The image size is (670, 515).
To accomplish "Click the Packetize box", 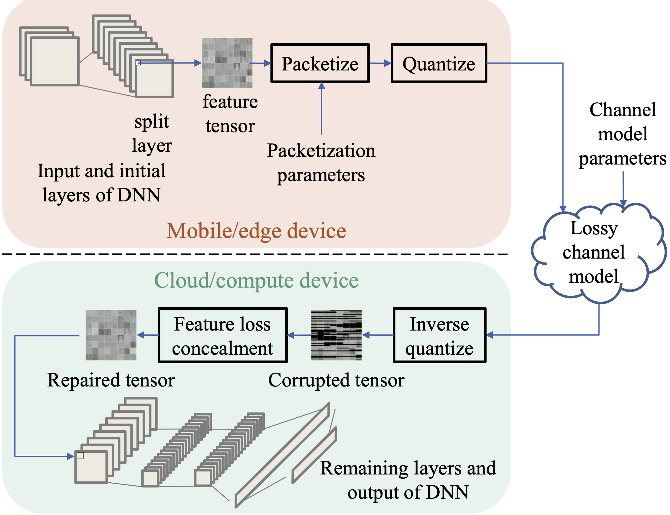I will pyautogui.click(x=320, y=63).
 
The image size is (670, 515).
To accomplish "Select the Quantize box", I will pyautogui.click(x=439, y=63).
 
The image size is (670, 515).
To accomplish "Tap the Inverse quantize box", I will pyautogui.click(x=439, y=335).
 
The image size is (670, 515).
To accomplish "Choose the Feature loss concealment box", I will pyautogui.click(x=222, y=335).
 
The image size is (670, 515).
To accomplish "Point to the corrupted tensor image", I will pyautogui.click(x=336, y=335).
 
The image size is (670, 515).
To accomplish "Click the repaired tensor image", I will pyautogui.click(x=111, y=335).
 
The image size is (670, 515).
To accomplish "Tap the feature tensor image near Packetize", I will pyautogui.click(x=227, y=63).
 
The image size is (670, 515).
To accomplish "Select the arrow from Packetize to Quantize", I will pyautogui.click(x=380, y=63).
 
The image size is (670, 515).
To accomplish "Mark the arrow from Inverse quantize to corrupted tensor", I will pyautogui.click(x=378, y=335).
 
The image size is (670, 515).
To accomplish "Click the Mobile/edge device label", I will pyautogui.click(x=256, y=230).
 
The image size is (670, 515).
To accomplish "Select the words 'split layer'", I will pyautogui.click(x=152, y=133).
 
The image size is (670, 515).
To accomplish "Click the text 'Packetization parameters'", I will pyautogui.click(x=321, y=162).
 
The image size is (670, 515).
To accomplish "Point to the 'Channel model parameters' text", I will pyautogui.click(x=622, y=134).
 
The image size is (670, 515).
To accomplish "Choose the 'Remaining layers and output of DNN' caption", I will pyautogui.click(x=408, y=480).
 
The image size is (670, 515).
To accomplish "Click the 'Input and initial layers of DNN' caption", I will pyautogui.click(x=101, y=183).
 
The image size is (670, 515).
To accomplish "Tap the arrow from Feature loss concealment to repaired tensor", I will pyautogui.click(x=148, y=335).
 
